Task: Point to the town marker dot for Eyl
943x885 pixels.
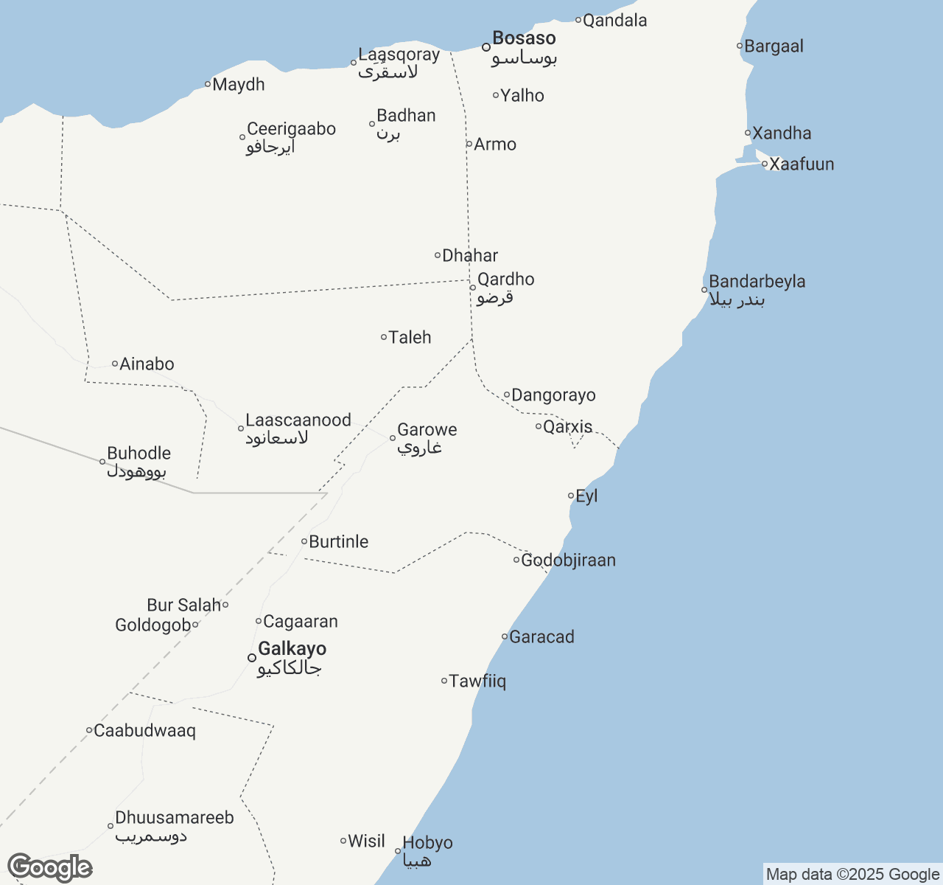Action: click(571, 496)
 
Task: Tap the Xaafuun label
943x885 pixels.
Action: click(802, 164)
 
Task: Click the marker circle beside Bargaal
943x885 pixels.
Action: click(740, 46)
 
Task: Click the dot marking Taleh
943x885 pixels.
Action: click(384, 337)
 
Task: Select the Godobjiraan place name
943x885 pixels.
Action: click(568, 560)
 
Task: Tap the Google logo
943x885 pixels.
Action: click(49, 868)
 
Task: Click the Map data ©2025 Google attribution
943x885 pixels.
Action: click(852, 875)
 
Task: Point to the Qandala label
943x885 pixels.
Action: click(614, 21)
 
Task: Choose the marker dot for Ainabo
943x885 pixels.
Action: click(115, 364)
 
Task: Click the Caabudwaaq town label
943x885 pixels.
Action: click(144, 731)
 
